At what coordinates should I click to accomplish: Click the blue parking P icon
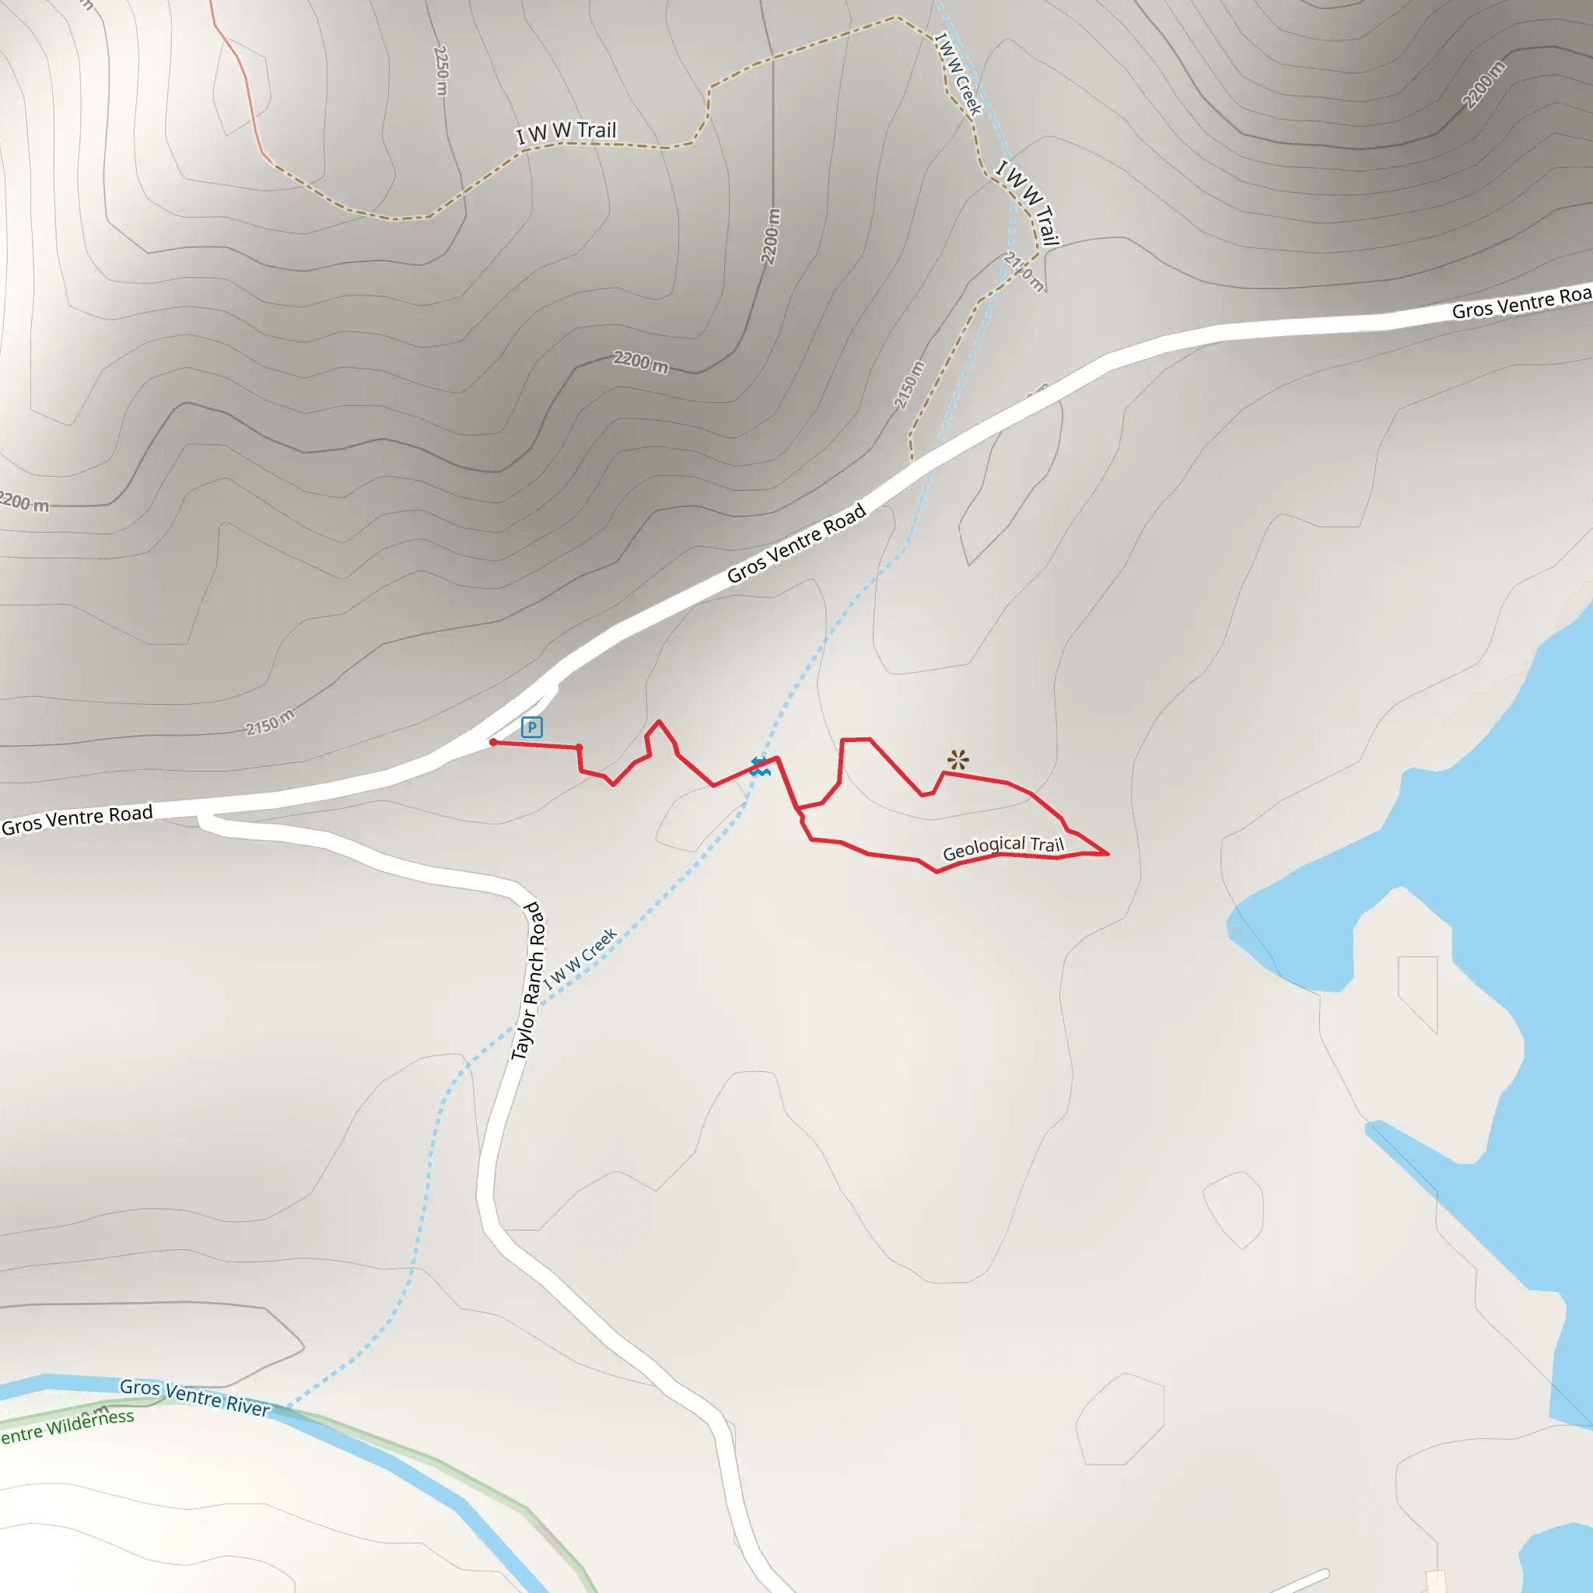532,727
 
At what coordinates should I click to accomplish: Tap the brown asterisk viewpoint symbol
958,758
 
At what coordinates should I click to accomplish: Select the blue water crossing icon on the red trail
759,766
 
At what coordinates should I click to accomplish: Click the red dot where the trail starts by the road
493,742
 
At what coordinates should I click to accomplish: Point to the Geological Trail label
1003,847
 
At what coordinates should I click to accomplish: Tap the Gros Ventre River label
194,1397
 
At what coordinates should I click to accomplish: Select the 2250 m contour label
441,70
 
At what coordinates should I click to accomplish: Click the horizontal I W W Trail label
566,132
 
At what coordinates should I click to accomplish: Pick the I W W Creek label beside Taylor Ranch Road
580,958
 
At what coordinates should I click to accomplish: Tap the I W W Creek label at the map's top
958,74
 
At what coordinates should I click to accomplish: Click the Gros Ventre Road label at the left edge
78,819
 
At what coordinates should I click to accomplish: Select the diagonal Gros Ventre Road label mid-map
796,543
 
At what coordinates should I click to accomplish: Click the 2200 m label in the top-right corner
1483,85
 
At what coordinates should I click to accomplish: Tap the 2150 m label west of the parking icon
270,722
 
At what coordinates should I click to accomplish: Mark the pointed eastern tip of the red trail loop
1108,854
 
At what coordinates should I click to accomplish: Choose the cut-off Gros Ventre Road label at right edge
1522,303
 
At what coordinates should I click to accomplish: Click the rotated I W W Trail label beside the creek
1028,203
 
